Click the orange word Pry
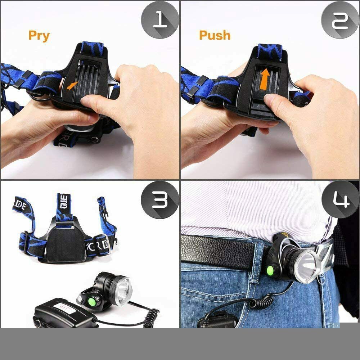(39, 36)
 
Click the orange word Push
(215, 35)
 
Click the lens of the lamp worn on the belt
(306, 266)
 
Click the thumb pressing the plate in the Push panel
(275, 101)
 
